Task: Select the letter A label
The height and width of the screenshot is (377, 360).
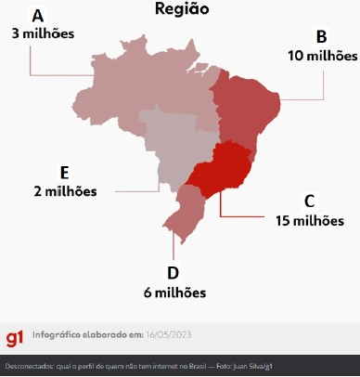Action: [38, 17]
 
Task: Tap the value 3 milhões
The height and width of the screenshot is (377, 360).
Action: [43, 33]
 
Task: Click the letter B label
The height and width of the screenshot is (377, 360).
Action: [321, 37]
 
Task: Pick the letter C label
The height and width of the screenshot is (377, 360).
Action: [309, 201]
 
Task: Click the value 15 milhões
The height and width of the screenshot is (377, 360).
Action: [310, 221]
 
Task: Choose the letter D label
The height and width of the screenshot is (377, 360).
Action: [173, 273]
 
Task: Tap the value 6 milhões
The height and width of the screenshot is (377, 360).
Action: [174, 292]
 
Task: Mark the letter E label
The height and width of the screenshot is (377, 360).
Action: [64, 173]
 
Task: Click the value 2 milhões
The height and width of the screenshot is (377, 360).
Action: [64, 191]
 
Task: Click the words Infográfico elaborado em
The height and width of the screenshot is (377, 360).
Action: [100, 334]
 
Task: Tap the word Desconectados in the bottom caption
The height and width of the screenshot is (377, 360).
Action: [30, 366]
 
